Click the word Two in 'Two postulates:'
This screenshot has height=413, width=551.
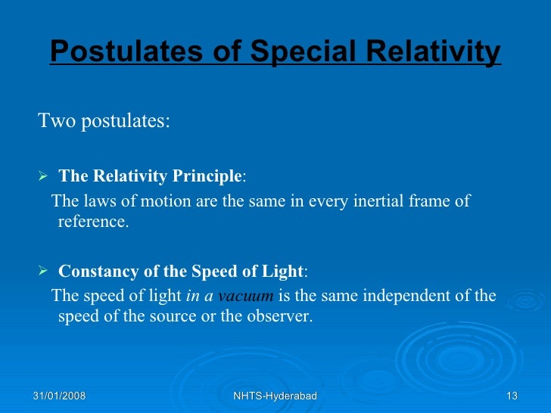click(54, 121)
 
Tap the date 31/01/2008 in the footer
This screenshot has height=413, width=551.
click(59, 396)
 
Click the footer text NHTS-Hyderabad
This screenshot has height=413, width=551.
click(275, 396)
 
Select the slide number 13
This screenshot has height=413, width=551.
click(512, 396)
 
